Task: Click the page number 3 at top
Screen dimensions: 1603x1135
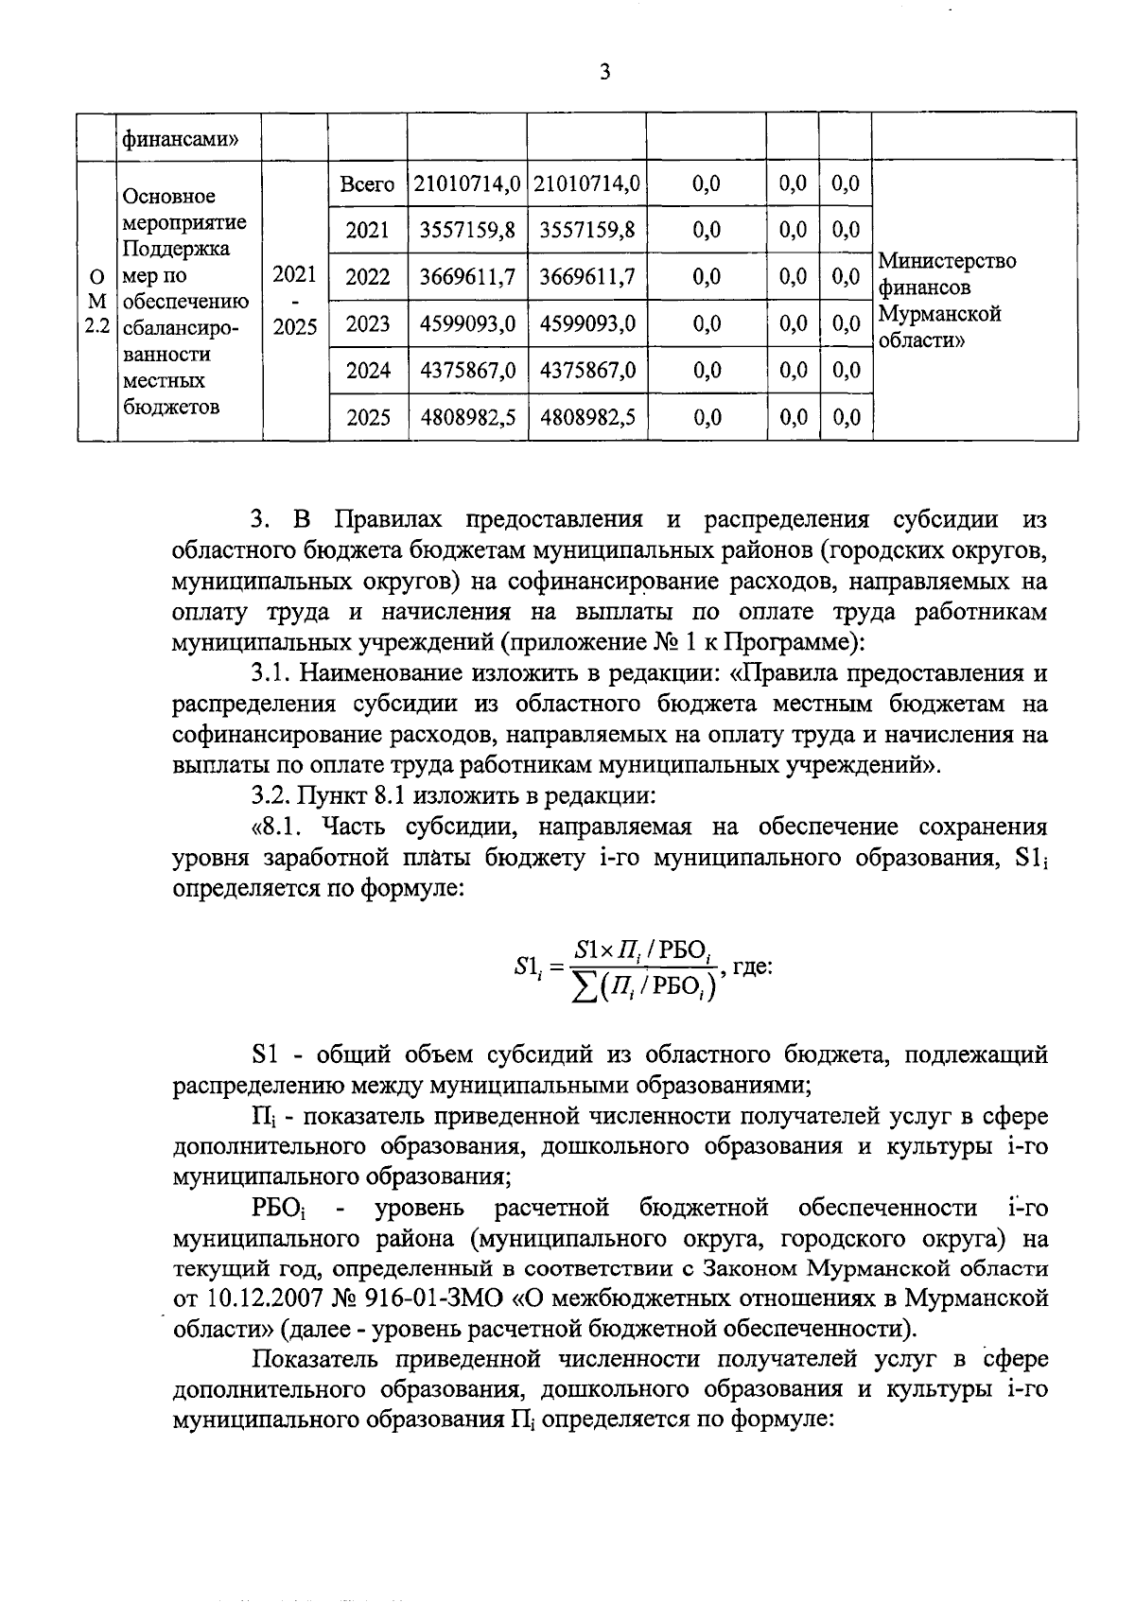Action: pyautogui.click(x=604, y=72)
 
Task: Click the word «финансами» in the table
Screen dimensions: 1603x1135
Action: pyautogui.click(x=176, y=139)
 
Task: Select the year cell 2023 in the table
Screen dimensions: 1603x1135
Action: pyautogui.click(x=368, y=324)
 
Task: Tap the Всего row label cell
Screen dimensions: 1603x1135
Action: pyautogui.click(x=367, y=184)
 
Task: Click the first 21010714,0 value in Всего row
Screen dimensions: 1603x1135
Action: pyautogui.click(x=466, y=184)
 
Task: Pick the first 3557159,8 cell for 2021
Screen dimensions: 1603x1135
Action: pyautogui.click(x=466, y=230)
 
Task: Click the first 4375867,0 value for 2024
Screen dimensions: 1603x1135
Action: pyautogui.click(x=466, y=371)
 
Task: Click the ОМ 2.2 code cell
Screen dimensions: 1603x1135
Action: pyautogui.click(x=96, y=302)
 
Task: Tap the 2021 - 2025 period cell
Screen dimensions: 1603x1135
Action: pyautogui.click(x=294, y=302)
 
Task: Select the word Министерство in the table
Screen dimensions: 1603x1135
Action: pyautogui.click(x=947, y=260)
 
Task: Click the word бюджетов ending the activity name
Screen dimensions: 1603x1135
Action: pyautogui.click(x=171, y=408)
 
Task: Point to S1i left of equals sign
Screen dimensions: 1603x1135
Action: pyautogui.click(x=525, y=967)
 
